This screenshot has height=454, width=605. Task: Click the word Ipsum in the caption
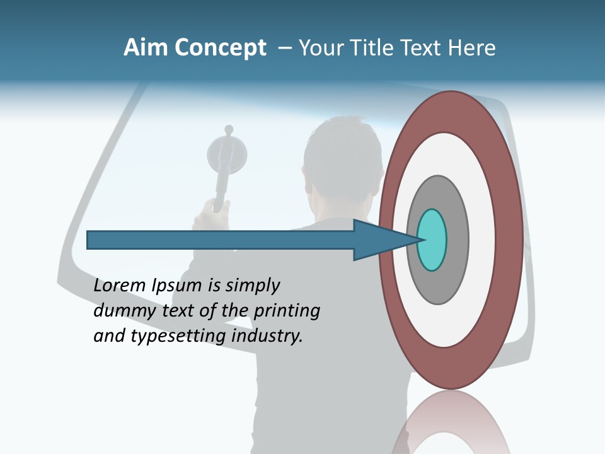click(x=177, y=286)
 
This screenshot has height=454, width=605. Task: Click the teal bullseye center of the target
click(x=432, y=240)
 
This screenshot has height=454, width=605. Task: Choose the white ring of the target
click(x=482, y=240)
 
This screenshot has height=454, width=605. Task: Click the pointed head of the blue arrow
click(x=378, y=240)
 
